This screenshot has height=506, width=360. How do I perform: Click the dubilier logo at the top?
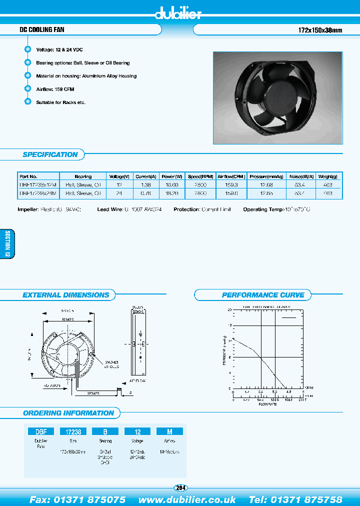(x=178, y=14)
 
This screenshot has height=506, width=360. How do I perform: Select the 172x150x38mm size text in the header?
(x=316, y=30)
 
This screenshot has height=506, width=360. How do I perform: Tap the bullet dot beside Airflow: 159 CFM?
(x=27, y=89)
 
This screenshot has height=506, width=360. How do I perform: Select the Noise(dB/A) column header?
(x=301, y=176)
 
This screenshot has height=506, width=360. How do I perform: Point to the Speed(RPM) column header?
(x=200, y=176)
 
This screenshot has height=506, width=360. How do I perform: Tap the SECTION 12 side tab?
(x=8, y=243)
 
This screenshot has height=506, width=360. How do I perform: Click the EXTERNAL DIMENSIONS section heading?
(x=65, y=295)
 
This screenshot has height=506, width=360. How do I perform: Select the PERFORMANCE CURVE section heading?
(x=262, y=295)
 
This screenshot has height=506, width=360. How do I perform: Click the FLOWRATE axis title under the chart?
(x=267, y=404)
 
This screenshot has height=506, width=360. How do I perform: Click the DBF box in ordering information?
(x=40, y=431)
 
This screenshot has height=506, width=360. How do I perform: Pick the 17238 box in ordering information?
(x=73, y=431)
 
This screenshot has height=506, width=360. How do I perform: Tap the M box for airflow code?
(x=170, y=431)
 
